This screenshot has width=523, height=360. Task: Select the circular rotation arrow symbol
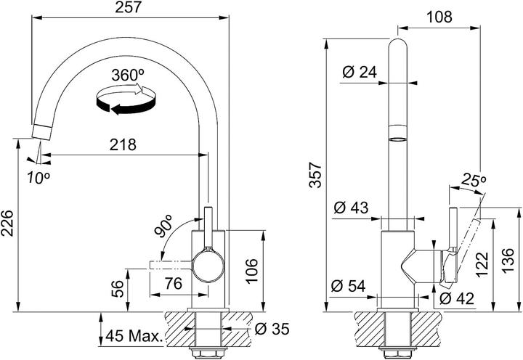click(126, 99)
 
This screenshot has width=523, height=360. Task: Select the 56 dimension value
click(116, 288)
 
